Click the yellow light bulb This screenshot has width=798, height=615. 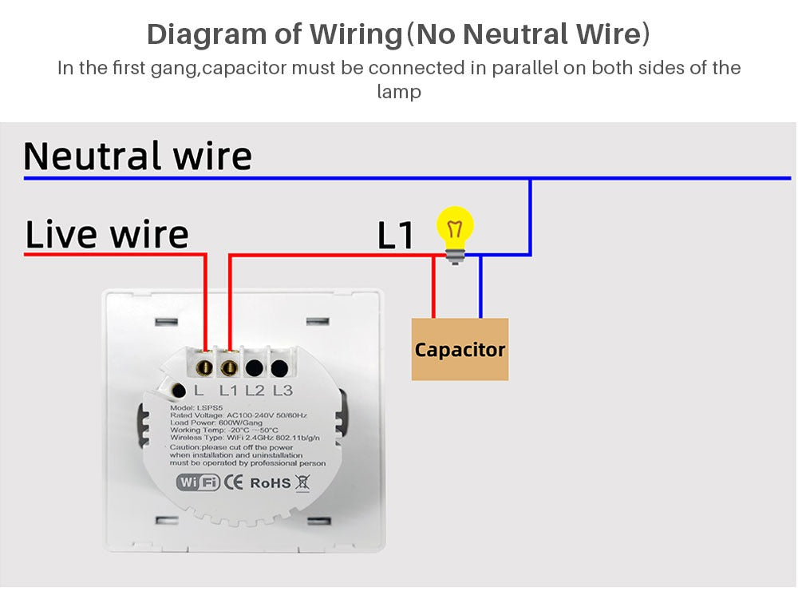(x=456, y=228)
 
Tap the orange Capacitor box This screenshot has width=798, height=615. (x=460, y=349)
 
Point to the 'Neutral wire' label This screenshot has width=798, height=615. (x=137, y=156)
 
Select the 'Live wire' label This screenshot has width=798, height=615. (x=107, y=234)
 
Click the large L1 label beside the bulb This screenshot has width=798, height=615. (x=396, y=236)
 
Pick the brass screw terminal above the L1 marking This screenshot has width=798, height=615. (x=229, y=367)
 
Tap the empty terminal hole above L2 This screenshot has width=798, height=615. (x=255, y=368)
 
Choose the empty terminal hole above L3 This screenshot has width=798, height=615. (x=279, y=368)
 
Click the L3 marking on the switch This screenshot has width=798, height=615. (x=283, y=391)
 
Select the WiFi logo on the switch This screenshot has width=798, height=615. (x=197, y=482)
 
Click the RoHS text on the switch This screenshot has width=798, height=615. (x=271, y=483)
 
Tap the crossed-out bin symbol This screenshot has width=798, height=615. (x=302, y=482)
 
